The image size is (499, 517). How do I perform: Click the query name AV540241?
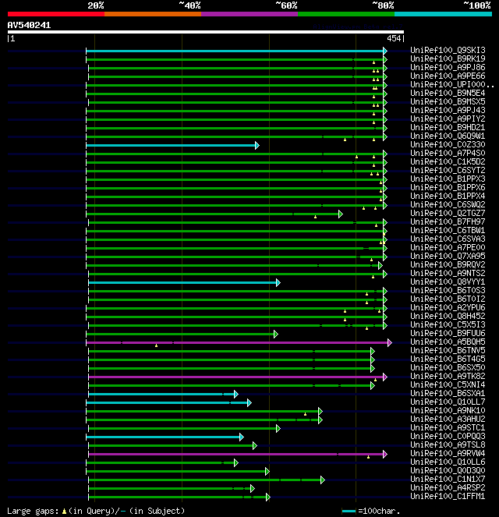click(30, 25)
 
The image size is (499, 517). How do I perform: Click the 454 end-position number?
click(394, 38)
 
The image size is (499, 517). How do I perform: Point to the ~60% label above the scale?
click(286, 5)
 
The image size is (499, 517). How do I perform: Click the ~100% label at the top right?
click(476, 5)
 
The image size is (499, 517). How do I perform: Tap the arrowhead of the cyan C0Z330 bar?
click(257, 145)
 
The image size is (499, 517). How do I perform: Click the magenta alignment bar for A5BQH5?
click(234, 342)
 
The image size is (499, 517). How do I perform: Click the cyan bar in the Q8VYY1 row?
click(183, 282)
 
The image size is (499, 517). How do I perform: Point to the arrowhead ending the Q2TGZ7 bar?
click(341, 214)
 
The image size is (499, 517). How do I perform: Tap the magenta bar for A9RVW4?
click(234, 454)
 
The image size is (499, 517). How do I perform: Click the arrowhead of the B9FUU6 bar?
click(275, 334)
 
